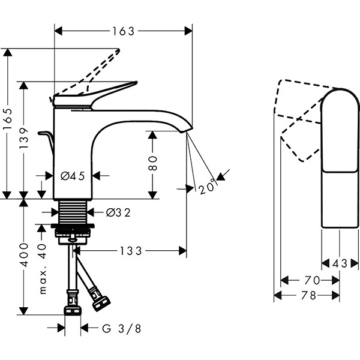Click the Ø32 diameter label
click(x=118, y=212)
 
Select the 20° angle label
click(x=206, y=187)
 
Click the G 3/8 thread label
click(x=122, y=328)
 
